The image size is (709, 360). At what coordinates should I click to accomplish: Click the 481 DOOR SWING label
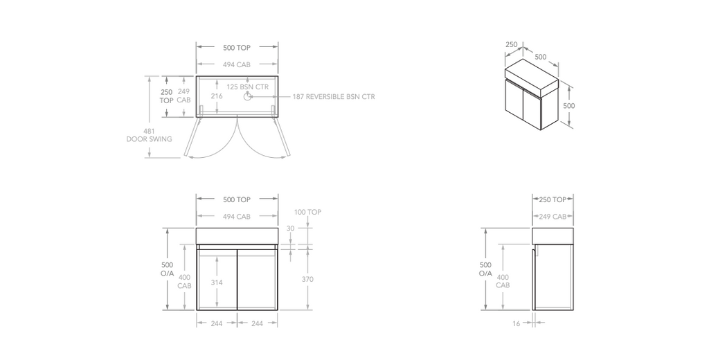pyautogui.click(x=149, y=135)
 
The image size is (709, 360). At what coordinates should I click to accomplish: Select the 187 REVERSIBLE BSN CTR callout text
pyautogui.click(x=333, y=97)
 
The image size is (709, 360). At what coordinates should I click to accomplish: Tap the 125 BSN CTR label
pyautogui.click(x=247, y=87)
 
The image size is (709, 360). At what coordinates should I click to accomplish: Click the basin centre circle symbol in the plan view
pyautogui.click(x=247, y=97)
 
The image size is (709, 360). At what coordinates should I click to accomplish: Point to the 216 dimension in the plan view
pyautogui.click(x=217, y=96)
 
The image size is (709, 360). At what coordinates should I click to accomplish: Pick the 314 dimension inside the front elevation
pyautogui.click(x=217, y=283)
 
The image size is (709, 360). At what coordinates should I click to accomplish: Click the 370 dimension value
pyautogui.click(x=307, y=279)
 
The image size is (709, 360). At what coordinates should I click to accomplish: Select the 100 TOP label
pyautogui.click(x=307, y=213)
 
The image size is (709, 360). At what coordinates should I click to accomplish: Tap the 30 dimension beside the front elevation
pyautogui.click(x=290, y=228)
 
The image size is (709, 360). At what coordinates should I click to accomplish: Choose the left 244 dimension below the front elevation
pyautogui.click(x=217, y=323)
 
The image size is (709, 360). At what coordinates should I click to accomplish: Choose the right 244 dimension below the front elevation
pyautogui.click(x=257, y=323)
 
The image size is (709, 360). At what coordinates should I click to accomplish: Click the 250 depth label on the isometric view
pyautogui.click(x=511, y=45)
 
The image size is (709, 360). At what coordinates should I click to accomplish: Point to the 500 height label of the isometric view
pyautogui.click(x=568, y=106)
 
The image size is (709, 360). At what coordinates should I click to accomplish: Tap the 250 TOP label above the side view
pyautogui.click(x=553, y=199)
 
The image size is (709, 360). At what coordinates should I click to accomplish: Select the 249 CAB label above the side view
pyautogui.click(x=553, y=217)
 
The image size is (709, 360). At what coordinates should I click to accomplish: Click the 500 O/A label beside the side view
pyautogui.click(x=485, y=269)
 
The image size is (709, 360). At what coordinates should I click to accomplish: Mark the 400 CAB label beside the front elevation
pyautogui.click(x=184, y=281)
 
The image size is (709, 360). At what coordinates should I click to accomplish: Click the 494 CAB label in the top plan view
pyautogui.click(x=237, y=64)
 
